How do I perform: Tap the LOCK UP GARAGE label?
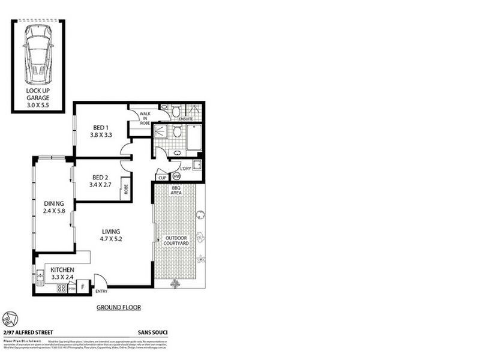pyautogui.click(x=38, y=97)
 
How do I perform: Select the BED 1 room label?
pyautogui.click(x=100, y=127)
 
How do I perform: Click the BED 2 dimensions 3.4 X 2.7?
pyautogui.click(x=100, y=185)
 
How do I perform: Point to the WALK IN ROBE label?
pyautogui.click(x=145, y=118)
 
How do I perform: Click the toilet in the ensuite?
pyautogui.click(x=176, y=111)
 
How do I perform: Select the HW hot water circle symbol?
pyautogui.click(x=176, y=177)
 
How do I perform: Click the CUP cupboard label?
pyautogui.click(x=161, y=178)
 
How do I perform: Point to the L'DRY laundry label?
pyautogui.click(x=185, y=168)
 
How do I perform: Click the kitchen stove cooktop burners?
pyautogui.click(x=61, y=289)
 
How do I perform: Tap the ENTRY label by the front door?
pyautogui.click(x=102, y=292)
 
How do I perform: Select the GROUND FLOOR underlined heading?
pyautogui.click(x=119, y=307)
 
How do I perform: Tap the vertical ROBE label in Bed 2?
pyautogui.click(x=126, y=191)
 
